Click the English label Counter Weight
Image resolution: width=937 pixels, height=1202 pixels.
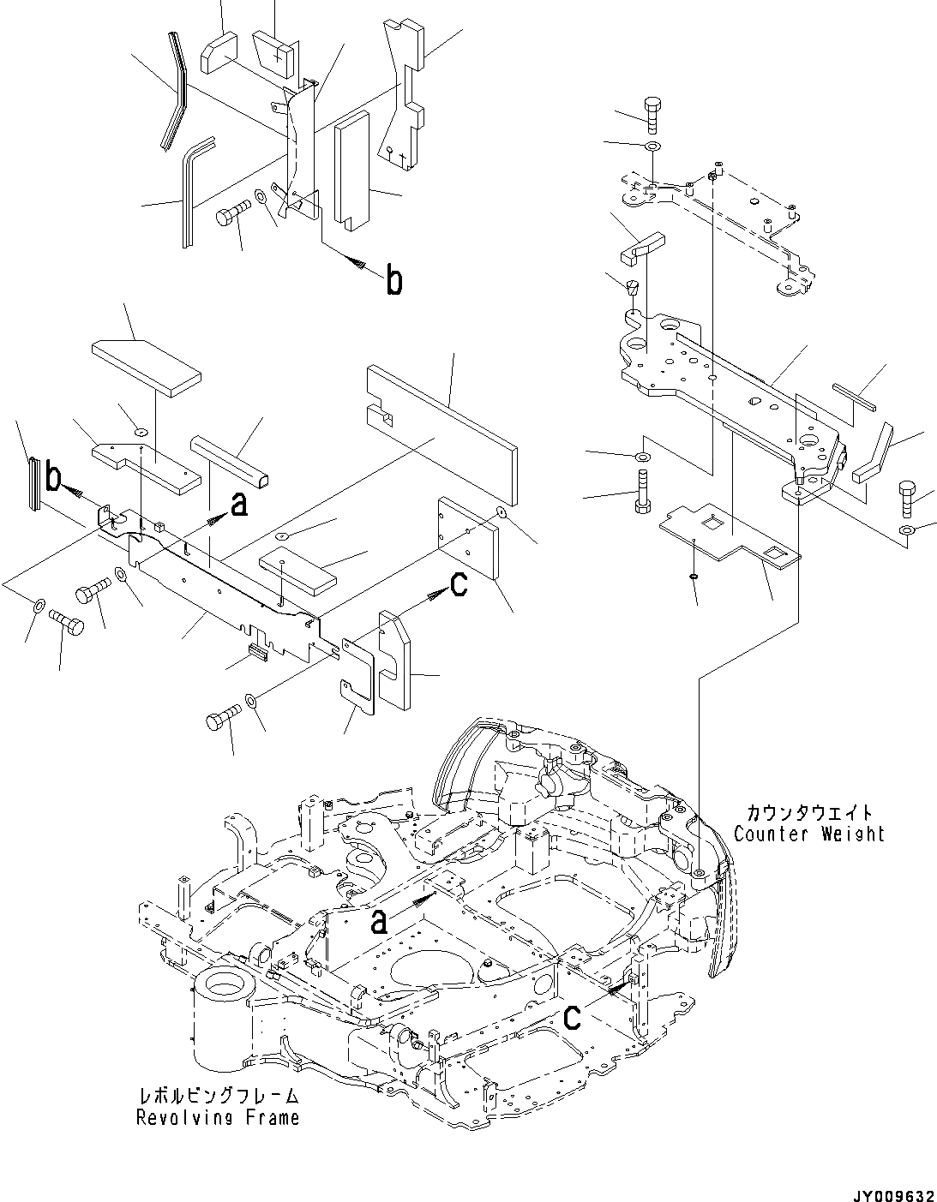click(809, 834)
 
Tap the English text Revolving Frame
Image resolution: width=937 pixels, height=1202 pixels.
click(218, 1117)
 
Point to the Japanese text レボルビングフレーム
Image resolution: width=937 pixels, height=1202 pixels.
click(218, 1096)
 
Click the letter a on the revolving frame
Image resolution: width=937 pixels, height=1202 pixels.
click(380, 921)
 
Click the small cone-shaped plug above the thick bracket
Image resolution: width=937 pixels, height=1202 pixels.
click(634, 288)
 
